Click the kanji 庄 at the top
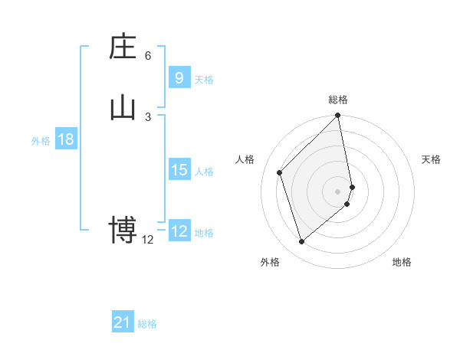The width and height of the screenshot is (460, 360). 123,47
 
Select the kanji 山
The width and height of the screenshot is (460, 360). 123,108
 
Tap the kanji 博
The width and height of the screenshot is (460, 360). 123,230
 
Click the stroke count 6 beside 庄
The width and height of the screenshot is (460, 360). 148,56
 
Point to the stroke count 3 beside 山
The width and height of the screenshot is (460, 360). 148,117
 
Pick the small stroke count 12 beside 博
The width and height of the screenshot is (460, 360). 148,240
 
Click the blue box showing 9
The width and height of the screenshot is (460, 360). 179,77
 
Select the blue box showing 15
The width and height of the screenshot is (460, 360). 179,169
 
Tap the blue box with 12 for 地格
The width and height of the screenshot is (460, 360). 179,231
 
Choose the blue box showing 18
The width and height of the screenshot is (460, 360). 65,139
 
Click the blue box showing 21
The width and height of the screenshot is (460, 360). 122,322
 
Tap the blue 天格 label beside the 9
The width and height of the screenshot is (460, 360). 204,79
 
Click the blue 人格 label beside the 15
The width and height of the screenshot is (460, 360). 204,171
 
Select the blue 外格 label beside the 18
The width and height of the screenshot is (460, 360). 41,141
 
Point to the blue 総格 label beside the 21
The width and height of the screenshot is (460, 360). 147,324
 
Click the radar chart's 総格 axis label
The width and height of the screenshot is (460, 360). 338,100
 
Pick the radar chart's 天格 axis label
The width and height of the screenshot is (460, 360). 431,159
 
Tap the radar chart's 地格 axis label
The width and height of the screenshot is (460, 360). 402,262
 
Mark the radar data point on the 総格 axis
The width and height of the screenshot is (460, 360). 338,116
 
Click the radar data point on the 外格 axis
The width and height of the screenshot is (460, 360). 301,242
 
